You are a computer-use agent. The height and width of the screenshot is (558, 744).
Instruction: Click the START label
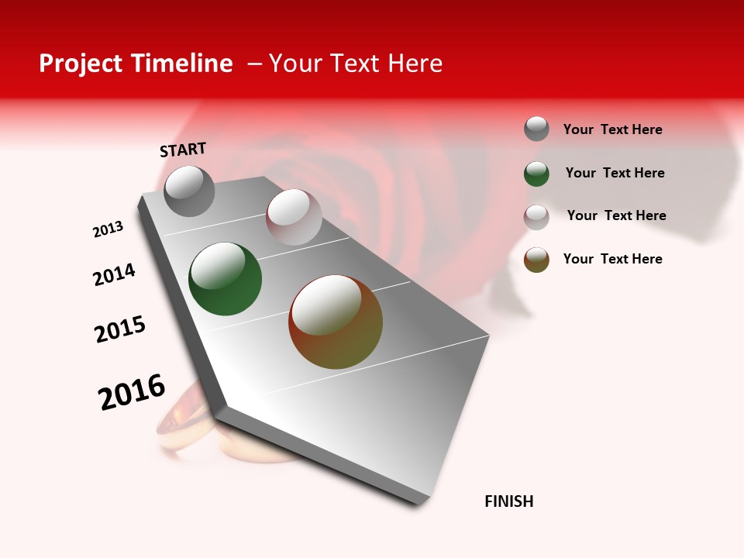[x=183, y=150]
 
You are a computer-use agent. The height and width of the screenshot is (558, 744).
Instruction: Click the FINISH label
[x=509, y=501]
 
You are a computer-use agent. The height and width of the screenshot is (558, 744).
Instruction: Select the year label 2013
[x=108, y=229]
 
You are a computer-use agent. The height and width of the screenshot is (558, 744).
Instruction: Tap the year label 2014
[x=114, y=274]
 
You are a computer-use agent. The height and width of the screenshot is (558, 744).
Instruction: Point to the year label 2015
[x=120, y=329]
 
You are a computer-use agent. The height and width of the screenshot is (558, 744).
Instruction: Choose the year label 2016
[x=132, y=391]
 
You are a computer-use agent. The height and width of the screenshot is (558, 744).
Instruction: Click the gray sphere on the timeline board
[x=189, y=191]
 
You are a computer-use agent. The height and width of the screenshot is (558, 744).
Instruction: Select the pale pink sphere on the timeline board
[x=294, y=217]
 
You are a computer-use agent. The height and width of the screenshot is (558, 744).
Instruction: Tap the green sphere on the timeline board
[x=225, y=279]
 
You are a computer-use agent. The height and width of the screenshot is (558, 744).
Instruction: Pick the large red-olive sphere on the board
[x=336, y=322]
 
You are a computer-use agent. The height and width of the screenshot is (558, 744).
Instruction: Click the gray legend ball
[x=536, y=129]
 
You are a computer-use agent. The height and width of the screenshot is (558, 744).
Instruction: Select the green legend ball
[x=536, y=174]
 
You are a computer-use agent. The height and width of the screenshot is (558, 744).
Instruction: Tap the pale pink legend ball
[x=536, y=217]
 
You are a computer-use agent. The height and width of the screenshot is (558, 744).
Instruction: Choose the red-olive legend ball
[x=536, y=260]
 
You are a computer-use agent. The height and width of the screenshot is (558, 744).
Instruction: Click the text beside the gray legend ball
[x=612, y=129]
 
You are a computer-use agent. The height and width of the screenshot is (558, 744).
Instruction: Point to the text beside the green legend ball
[x=615, y=173]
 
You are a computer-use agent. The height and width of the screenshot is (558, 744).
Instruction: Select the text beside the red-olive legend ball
[x=612, y=259]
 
